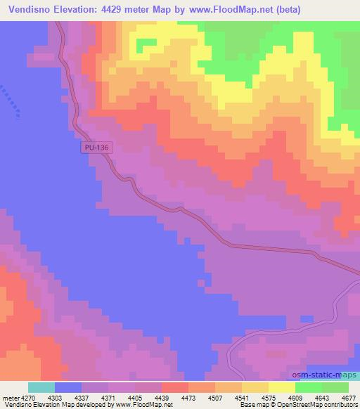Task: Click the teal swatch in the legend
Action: (x=41, y=387)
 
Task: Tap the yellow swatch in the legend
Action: (x=281, y=387)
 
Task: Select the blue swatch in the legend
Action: (x=68, y=387)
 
